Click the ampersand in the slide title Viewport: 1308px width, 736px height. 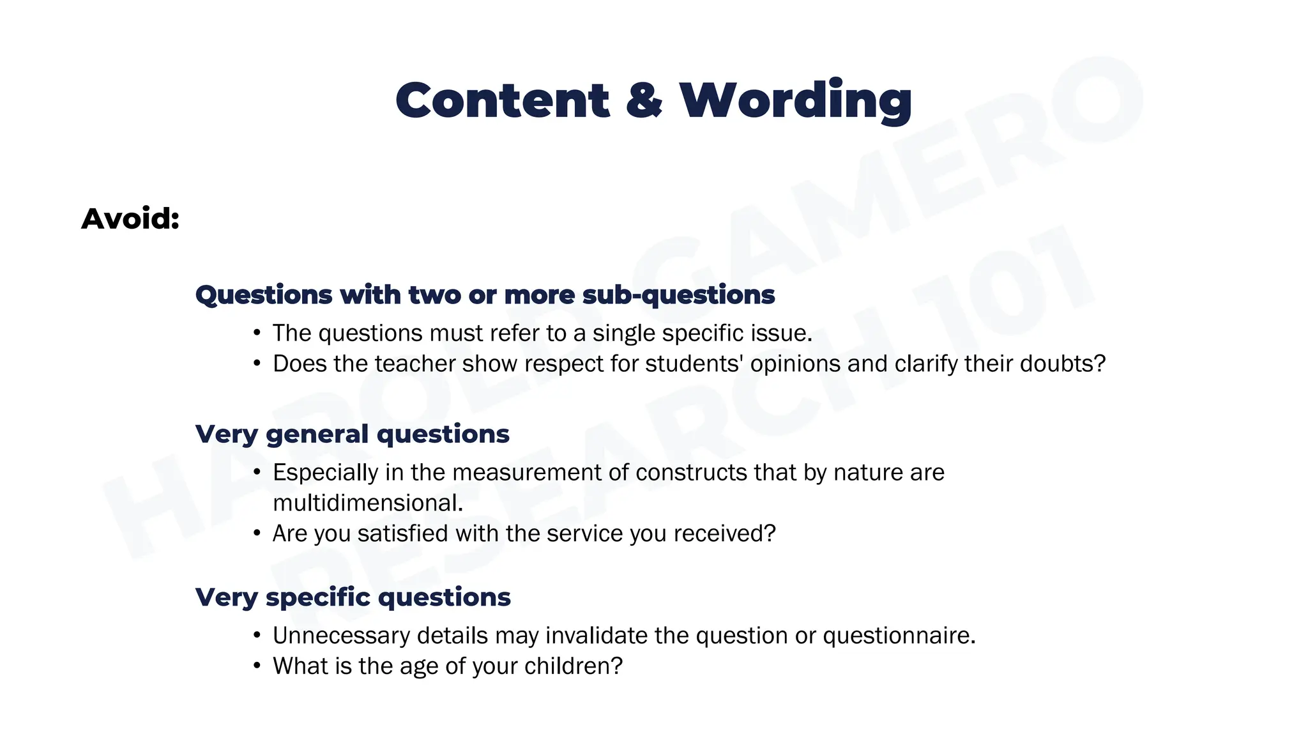[644, 101]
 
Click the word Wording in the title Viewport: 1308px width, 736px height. [796, 101]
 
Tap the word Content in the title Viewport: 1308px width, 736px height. [503, 101]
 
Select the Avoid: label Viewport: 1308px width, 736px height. [130, 218]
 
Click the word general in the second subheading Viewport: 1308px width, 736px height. [317, 434]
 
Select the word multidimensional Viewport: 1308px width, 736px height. [367, 503]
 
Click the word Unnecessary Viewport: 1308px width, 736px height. [341, 636]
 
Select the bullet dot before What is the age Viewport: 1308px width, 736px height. [257, 666]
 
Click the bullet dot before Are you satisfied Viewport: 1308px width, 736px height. [257, 533]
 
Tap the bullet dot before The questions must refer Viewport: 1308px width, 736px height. [257, 333]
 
